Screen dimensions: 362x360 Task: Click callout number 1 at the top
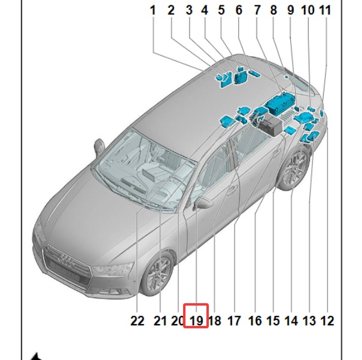pos(153,11)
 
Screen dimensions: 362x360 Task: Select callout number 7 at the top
pos(257,11)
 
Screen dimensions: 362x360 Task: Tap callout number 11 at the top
pos(325,11)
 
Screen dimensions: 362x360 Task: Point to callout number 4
pos(205,11)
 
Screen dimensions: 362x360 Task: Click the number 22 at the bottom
pos(138,321)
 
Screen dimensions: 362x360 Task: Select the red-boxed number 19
pos(196,321)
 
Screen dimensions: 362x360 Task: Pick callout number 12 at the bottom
pos(327,321)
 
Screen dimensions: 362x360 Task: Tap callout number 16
pos(255,321)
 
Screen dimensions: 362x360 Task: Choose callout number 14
pos(291,321)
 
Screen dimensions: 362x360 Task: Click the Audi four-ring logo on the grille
pos(66,261)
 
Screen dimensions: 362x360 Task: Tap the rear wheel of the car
pos(294,168)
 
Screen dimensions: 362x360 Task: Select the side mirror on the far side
pos(99,147)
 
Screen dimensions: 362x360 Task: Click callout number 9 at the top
pos(291,11)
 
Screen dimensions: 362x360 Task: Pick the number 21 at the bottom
pos(160,321)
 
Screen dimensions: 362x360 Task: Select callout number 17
pos(235,321)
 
